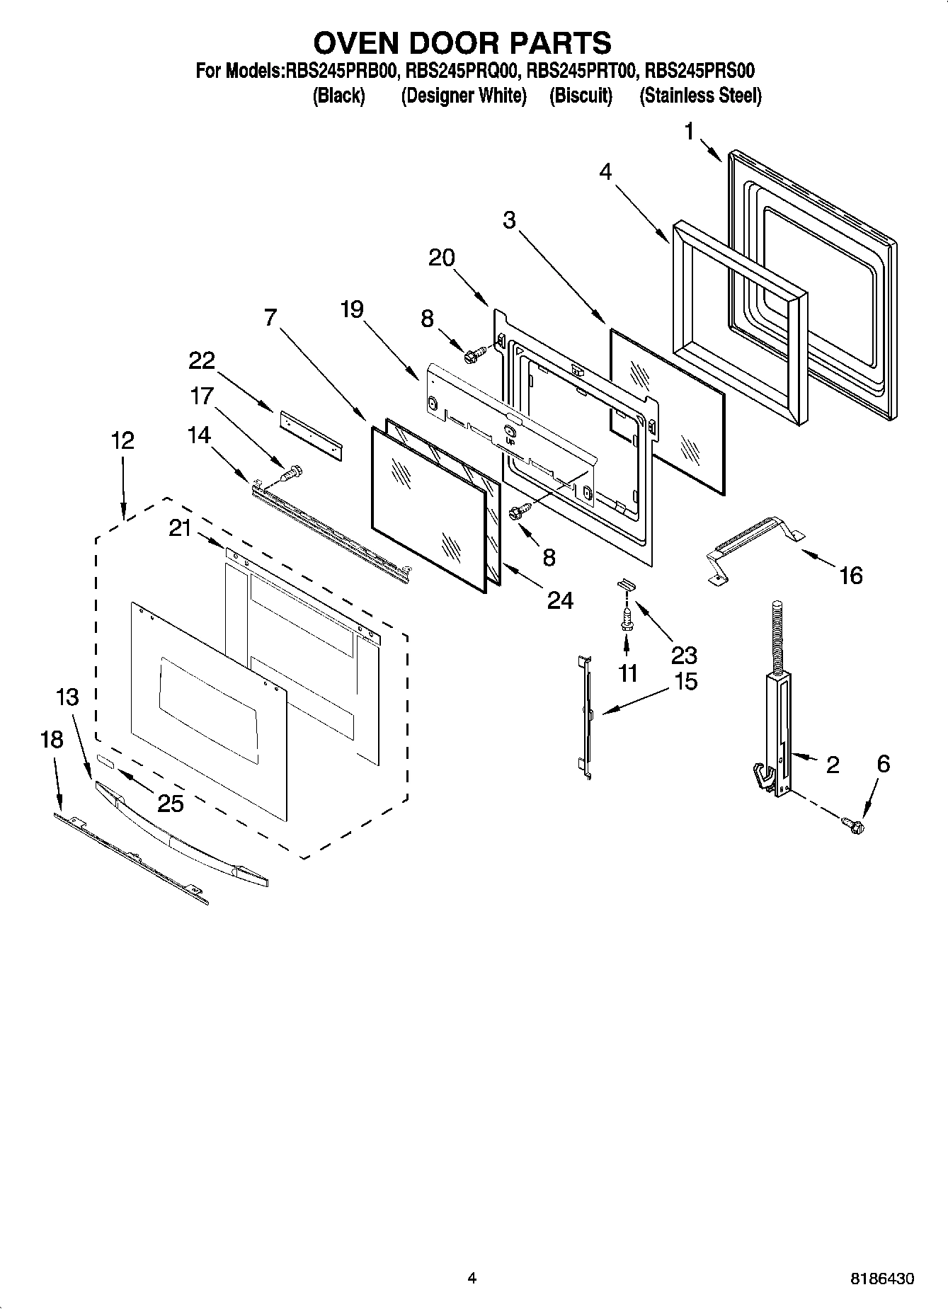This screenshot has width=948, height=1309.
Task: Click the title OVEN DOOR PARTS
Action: click(x=462, y=44)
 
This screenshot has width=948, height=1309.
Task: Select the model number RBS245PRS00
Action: click(x=700, y=72)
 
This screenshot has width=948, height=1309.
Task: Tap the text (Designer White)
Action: click(x=464, y=96)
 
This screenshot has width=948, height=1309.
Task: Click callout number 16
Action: click(x=850, y=576)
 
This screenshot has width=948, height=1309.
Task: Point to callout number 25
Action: click(x=170, y=803)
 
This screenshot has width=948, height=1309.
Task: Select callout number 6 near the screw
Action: click(x=883, y=764)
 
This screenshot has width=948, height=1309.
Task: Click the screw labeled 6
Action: click(x=854, y=824)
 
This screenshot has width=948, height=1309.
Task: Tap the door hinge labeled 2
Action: click(x=777, y=736)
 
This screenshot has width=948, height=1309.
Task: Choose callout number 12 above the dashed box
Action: click(x=122, y=440)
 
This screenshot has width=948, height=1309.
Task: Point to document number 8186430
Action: click(x=881, y=1279)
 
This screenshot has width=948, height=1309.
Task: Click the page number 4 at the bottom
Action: click(x=472, y=1278)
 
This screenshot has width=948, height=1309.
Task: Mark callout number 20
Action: click(x=442, y=258)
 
